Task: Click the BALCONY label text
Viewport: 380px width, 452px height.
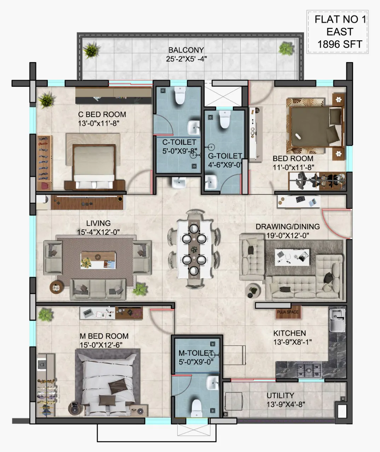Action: click(x=186, y=50)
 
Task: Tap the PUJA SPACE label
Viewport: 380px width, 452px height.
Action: click(x=288, y=312)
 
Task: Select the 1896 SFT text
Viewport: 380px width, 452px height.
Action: click(x=340, y=44)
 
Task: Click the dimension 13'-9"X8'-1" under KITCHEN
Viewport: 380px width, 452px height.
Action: click(x=292, y=342)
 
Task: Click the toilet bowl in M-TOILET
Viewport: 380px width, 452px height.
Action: click(x=197, y=408)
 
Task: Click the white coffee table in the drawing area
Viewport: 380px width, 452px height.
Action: click(x=292, y=257)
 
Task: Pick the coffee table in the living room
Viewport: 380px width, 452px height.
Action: click(x=98, y=260)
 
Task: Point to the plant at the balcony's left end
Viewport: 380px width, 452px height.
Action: click(x=92, y=50)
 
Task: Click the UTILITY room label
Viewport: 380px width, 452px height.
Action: click(x=280, y=395)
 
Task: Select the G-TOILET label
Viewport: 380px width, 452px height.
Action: click(x=225, y=156)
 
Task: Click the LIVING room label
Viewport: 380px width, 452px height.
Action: click(x=98, y=223)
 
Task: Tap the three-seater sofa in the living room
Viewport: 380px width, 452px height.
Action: click(x=98, y=290)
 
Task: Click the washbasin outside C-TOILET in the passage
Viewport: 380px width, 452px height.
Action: click(x=179, y=183)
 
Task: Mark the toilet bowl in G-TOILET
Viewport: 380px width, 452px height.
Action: click(x=224, y=119)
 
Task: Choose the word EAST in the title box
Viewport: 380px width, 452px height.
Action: click(x=340, y=32)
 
